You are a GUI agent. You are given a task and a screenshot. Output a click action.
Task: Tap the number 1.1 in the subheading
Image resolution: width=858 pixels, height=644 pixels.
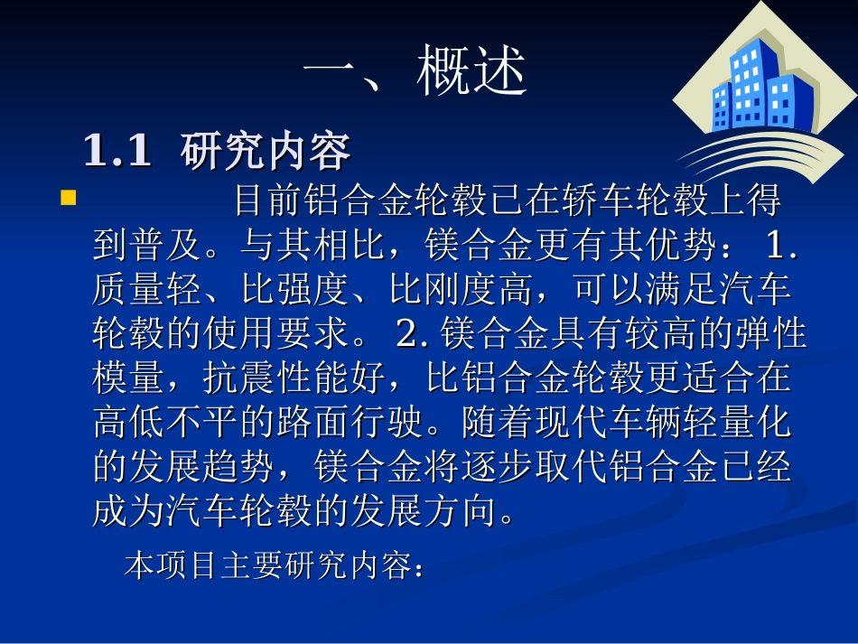(x=117, y=152)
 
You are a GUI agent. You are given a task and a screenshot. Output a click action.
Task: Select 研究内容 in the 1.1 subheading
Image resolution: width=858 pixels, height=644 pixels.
(x=265, y=152)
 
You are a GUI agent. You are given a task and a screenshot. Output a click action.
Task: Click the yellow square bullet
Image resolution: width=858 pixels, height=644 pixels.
(x=69, y=198)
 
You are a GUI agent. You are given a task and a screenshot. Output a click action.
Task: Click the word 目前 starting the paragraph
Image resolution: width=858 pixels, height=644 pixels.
(x=270, y=201)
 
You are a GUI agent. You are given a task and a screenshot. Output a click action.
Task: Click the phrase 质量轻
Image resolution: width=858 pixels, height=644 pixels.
(x=147, y=290)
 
